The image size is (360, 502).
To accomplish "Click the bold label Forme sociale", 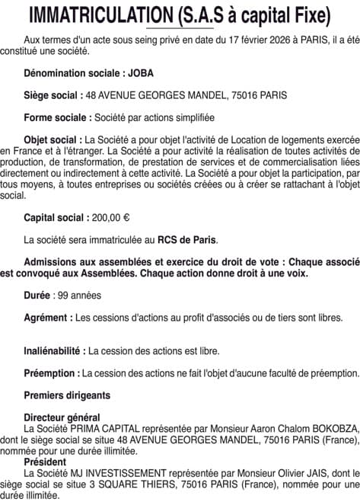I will click(56, 118).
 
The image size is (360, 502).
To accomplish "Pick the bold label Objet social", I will click(53, 140).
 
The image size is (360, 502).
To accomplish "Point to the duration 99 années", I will click(79, 296).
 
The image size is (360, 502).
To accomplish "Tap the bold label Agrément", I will click(49, 318).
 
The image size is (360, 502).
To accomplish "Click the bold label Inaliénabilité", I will click(55, 351).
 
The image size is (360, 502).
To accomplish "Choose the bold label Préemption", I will click(52, 373).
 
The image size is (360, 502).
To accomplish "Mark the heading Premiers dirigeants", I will click(66, 395).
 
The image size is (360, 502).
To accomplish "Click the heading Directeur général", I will click(62, 417).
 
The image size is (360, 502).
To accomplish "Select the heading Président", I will click(45, 462).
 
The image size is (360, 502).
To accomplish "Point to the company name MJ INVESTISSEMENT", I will click(116, 472).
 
